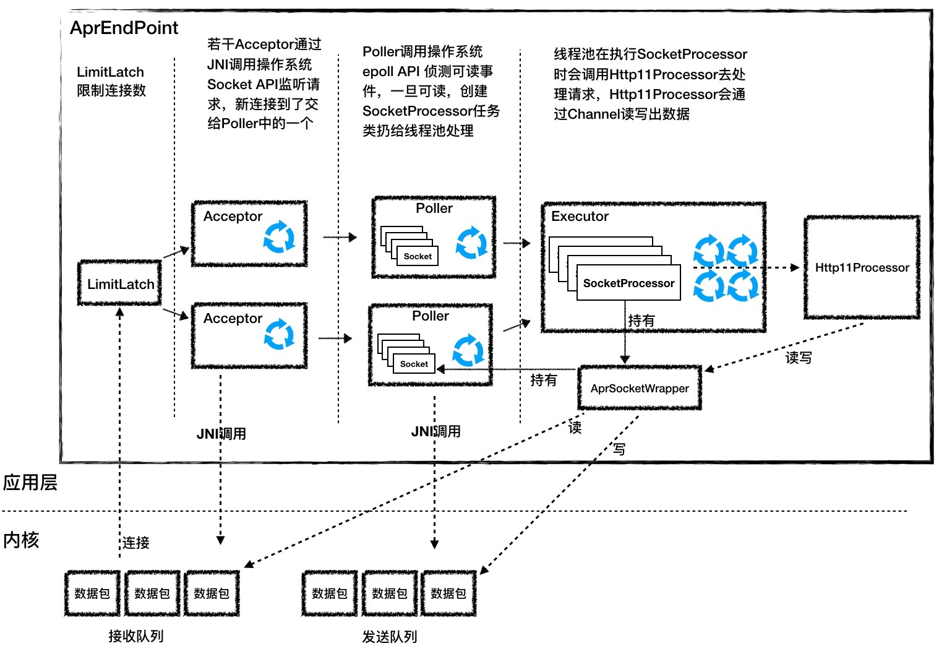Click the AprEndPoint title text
click(x=124, y=28)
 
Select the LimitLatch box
click(x=120, y=283)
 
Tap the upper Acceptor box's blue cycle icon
click(x=279, y=236)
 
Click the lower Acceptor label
click(x=233, y=318)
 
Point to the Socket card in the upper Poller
click(x=418, y=256)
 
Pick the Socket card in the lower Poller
click(x=414, y=364)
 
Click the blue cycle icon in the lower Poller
click(x=468, y=351)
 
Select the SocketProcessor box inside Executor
click(x=628, y=283)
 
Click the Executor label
click(x=580, y=216)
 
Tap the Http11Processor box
click(x=862, y=267)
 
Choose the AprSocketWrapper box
click(x=640, y=388)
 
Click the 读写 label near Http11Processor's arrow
click(x=798, y=358)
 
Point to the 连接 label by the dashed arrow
click(x=135, y=543)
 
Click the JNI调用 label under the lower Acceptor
click(x=221, y=434)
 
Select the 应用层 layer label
click(x=30, y=482)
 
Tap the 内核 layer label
click(x=21, y=540)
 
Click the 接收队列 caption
click(x=135, y=635)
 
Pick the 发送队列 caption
click(x=389, y=636)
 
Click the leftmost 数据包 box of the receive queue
click(x=92, y=593)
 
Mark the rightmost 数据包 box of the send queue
click(x=448, y=593)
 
